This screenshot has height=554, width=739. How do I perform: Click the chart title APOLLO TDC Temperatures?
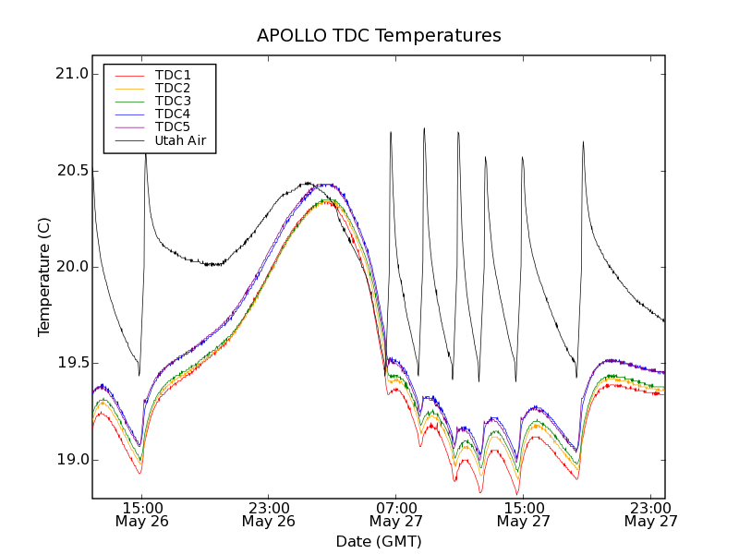(379, 36)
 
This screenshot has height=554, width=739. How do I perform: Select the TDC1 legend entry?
(173, 75)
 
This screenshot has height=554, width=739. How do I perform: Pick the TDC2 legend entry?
(173, 88)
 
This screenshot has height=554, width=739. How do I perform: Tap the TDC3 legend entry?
(173, 101)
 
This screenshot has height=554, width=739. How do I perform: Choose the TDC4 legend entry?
(173, 114)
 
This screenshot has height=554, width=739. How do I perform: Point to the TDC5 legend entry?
(173, 126)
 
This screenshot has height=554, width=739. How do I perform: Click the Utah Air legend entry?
(179, 140)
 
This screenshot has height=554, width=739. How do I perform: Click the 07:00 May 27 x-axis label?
(395, 514)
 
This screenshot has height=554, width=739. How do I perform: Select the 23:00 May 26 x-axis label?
(268, 514)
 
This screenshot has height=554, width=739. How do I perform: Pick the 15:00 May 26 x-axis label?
(140, 514)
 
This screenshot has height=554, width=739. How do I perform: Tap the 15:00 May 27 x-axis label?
(522, 514)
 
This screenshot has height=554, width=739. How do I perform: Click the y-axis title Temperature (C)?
(44, 277)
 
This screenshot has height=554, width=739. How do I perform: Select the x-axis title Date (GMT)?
(379, 541)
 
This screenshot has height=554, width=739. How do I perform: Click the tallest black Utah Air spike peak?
(424, 129)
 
